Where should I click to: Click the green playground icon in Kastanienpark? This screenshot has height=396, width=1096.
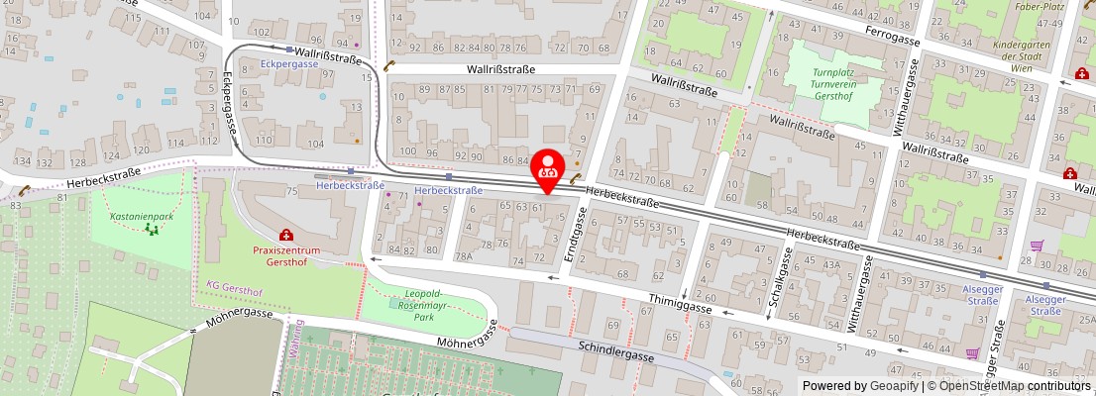[152, 230]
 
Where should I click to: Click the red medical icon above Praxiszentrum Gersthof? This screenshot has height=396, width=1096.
[286, 236]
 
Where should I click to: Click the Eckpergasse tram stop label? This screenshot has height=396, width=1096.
[289, 63]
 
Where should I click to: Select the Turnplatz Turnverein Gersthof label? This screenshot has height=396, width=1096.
[833, 86]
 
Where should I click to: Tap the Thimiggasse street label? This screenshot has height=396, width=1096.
[681, 303]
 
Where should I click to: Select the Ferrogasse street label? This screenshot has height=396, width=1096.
[893, 37]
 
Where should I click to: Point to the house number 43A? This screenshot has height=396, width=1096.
[830, 264]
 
